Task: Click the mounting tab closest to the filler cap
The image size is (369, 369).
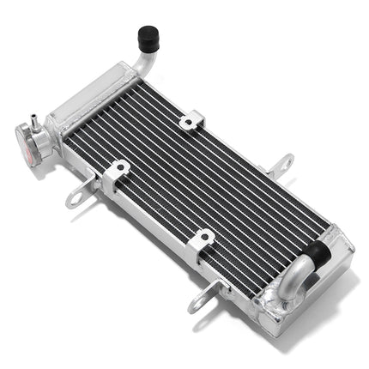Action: click(x=80, y=191)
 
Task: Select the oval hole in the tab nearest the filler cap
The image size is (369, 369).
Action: click(x=74, y=197)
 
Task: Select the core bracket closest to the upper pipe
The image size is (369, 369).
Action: click(x=191, y=121)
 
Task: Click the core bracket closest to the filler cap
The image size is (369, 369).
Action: click(x=117, y=171)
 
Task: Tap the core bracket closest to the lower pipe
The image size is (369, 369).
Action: click(x=200, y=243)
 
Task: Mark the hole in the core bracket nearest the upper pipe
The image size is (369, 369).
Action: click(x=188, y=124)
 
